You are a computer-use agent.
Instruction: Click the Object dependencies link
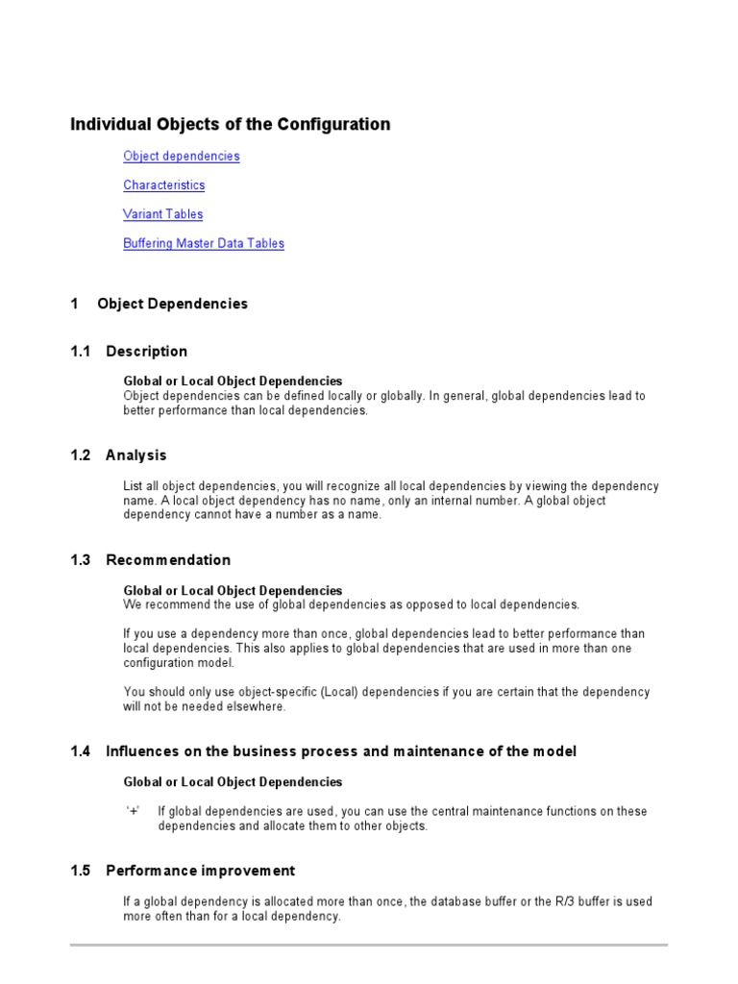point(181,156)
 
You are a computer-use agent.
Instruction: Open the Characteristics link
point(163,184)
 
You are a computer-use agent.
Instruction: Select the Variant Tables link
point(162,213)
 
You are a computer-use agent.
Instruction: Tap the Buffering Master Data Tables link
point(203,243)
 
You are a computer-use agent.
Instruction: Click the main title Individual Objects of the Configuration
point(230,124)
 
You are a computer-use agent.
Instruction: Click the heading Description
point(146,351)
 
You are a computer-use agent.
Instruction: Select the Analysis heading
point(135,455)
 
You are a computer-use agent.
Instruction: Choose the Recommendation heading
point(168,559)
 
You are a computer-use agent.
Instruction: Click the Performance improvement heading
point(200,871)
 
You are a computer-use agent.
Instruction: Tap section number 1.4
point(80,751)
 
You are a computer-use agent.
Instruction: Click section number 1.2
point(80,455)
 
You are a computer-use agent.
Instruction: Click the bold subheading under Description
point(233,381)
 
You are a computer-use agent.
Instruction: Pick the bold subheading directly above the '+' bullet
point(233,781)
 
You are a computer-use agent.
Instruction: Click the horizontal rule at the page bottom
point(369,946)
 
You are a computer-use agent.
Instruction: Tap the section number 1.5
point(80,871)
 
